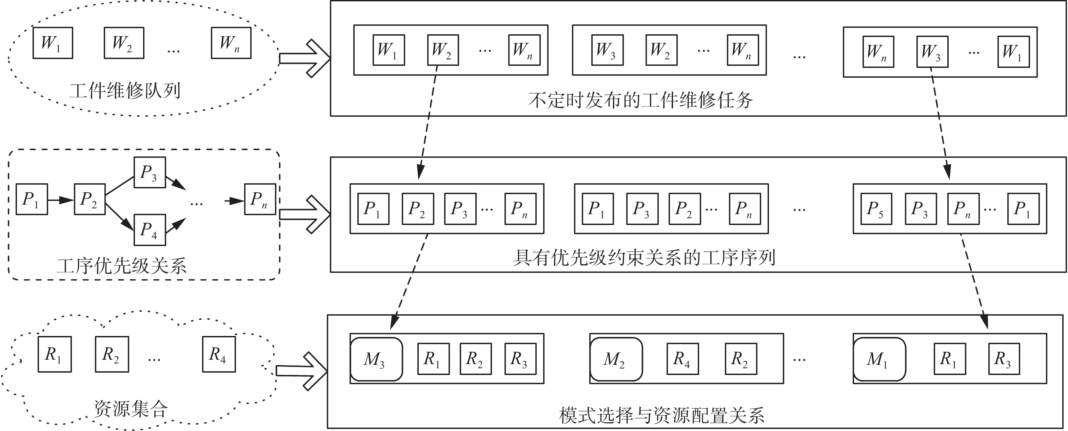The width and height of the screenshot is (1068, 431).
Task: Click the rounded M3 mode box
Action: coord(376,359)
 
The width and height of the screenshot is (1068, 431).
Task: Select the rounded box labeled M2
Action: coord(616,359)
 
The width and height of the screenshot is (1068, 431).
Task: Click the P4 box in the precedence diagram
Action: coord(150,230)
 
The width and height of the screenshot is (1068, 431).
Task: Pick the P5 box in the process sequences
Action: coord(876,209)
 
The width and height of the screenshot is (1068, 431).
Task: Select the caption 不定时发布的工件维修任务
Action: coord(640,100)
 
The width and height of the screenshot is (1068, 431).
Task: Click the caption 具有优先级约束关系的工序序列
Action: coord(644,258)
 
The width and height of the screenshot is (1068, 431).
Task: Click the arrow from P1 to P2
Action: coord(61,200)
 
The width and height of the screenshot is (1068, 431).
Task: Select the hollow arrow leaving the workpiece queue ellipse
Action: coord(305,58)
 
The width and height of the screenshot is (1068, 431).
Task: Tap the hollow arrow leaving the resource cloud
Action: coord(302,371)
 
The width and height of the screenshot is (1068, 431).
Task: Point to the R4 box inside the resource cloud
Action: coord(219,354)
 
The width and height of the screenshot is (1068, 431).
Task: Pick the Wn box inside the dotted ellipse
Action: coord(231,43)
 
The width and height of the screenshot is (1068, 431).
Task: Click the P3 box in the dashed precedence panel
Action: coord(150,172)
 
